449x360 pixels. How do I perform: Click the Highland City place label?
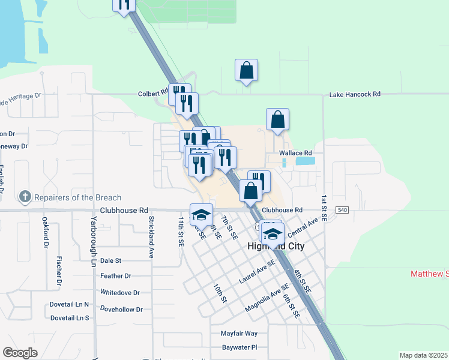coord(276,247)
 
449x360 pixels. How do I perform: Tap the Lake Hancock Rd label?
coord(355,94)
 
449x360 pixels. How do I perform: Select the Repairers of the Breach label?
coord(78,197)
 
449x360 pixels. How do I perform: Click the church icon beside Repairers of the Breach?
coord(25,197)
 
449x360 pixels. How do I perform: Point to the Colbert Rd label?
coord(152,94)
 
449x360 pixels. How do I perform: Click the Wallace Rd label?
coord(295,153)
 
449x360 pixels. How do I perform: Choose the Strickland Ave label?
coord(152,237)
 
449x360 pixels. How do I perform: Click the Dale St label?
coord(111,260)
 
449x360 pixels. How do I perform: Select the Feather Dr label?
coord(116,276)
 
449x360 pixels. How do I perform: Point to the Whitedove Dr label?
coord(120,293)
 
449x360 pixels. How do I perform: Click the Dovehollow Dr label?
coord(121,310)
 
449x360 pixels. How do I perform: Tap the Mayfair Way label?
coord(239,333)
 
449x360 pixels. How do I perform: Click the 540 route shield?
coord(342,209)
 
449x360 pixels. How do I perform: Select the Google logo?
coord(20,353)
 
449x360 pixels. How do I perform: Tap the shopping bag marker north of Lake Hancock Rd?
coord(246,71)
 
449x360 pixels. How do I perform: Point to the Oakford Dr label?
coord(45,233)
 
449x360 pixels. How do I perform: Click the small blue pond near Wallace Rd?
coord(304,161)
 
